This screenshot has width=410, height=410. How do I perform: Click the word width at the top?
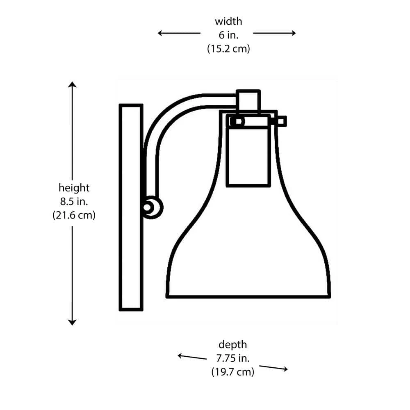228,21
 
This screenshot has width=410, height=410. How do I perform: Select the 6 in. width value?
228,35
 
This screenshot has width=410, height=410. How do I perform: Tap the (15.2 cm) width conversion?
228,49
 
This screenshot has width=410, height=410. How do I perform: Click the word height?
74,188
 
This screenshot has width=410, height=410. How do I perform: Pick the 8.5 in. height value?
74,201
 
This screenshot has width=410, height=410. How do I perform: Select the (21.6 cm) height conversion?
74,215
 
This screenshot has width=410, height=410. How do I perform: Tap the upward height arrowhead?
72,84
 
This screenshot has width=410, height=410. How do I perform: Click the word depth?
232,344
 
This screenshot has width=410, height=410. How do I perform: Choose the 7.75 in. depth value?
232,358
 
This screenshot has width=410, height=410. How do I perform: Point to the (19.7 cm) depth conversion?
232,372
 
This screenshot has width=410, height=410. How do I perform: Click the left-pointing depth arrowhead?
180,355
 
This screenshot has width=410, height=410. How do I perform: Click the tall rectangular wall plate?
131,207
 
